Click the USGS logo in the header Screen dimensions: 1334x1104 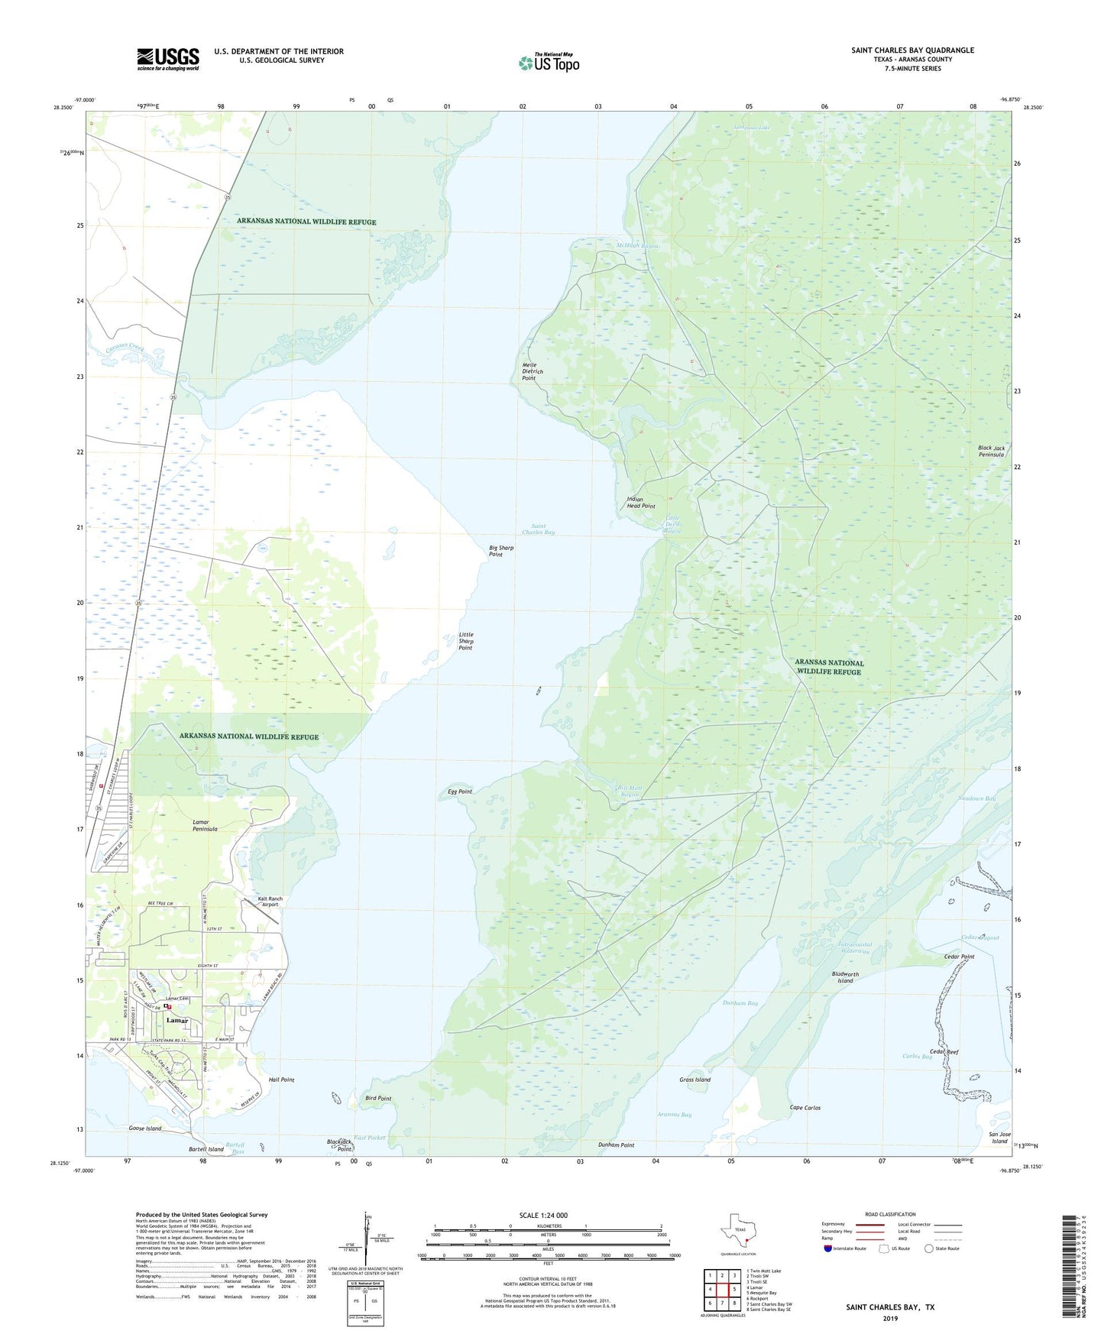click(168, 59)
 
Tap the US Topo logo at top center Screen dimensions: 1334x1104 click(549, 62)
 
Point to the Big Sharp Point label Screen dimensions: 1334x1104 click(501, 551)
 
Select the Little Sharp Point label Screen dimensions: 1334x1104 click(466, 641)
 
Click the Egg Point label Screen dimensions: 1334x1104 click(460, 792)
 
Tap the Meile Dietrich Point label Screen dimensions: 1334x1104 click(533, 371)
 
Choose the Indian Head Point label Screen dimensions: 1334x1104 click(641, 503)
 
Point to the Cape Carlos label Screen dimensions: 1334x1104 click(805, 1107)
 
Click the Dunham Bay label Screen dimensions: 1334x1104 click(740, 1002)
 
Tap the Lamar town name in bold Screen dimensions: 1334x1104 click(177, 1021)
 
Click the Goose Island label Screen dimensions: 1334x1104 click(145, 1128)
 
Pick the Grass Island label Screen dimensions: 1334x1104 click(694, 1080)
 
